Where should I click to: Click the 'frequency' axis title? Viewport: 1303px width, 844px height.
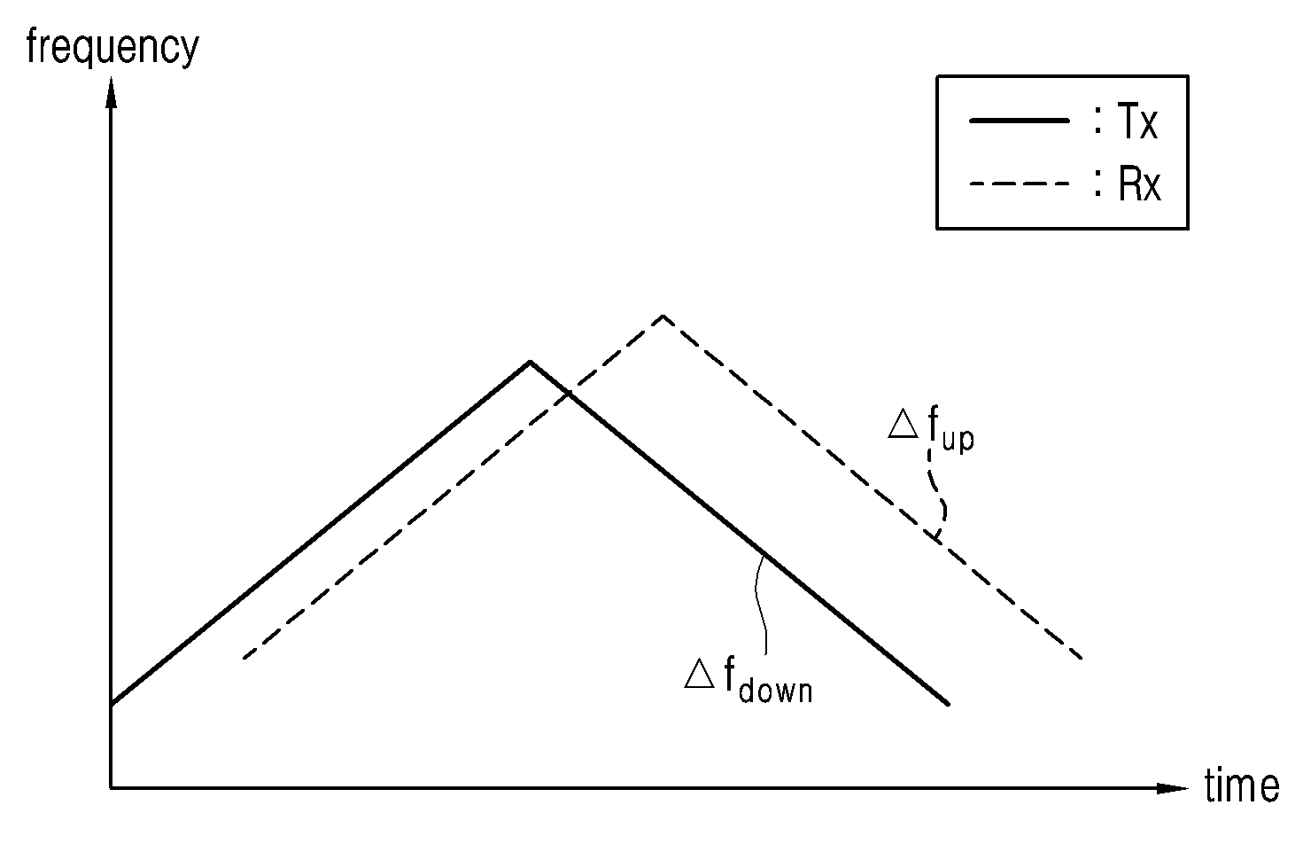pos(112,48)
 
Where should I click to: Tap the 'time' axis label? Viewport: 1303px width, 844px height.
pos(1241,785)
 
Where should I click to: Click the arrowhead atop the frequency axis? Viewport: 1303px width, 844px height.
pos(111,92)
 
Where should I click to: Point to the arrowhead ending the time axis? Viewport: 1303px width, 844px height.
pos(1172,788)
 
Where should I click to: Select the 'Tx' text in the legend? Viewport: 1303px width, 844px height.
pos(1136,121)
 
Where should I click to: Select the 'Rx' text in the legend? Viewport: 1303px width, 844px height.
pos(1137,184)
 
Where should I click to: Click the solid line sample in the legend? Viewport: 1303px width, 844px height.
pos(1020,121)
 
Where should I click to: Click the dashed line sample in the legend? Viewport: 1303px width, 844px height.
pos(1020,184)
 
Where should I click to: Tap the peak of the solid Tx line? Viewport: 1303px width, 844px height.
pos(530,362)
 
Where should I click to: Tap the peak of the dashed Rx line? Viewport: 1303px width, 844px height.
pos(663,316)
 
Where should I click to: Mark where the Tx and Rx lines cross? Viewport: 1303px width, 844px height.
pos(568,394)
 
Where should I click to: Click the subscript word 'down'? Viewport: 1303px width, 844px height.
pos(775,690)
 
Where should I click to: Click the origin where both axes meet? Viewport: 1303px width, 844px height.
pos(111,788)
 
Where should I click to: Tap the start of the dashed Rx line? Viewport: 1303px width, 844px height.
pos(244,659)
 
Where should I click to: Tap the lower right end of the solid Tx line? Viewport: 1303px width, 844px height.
pos(948,704)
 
